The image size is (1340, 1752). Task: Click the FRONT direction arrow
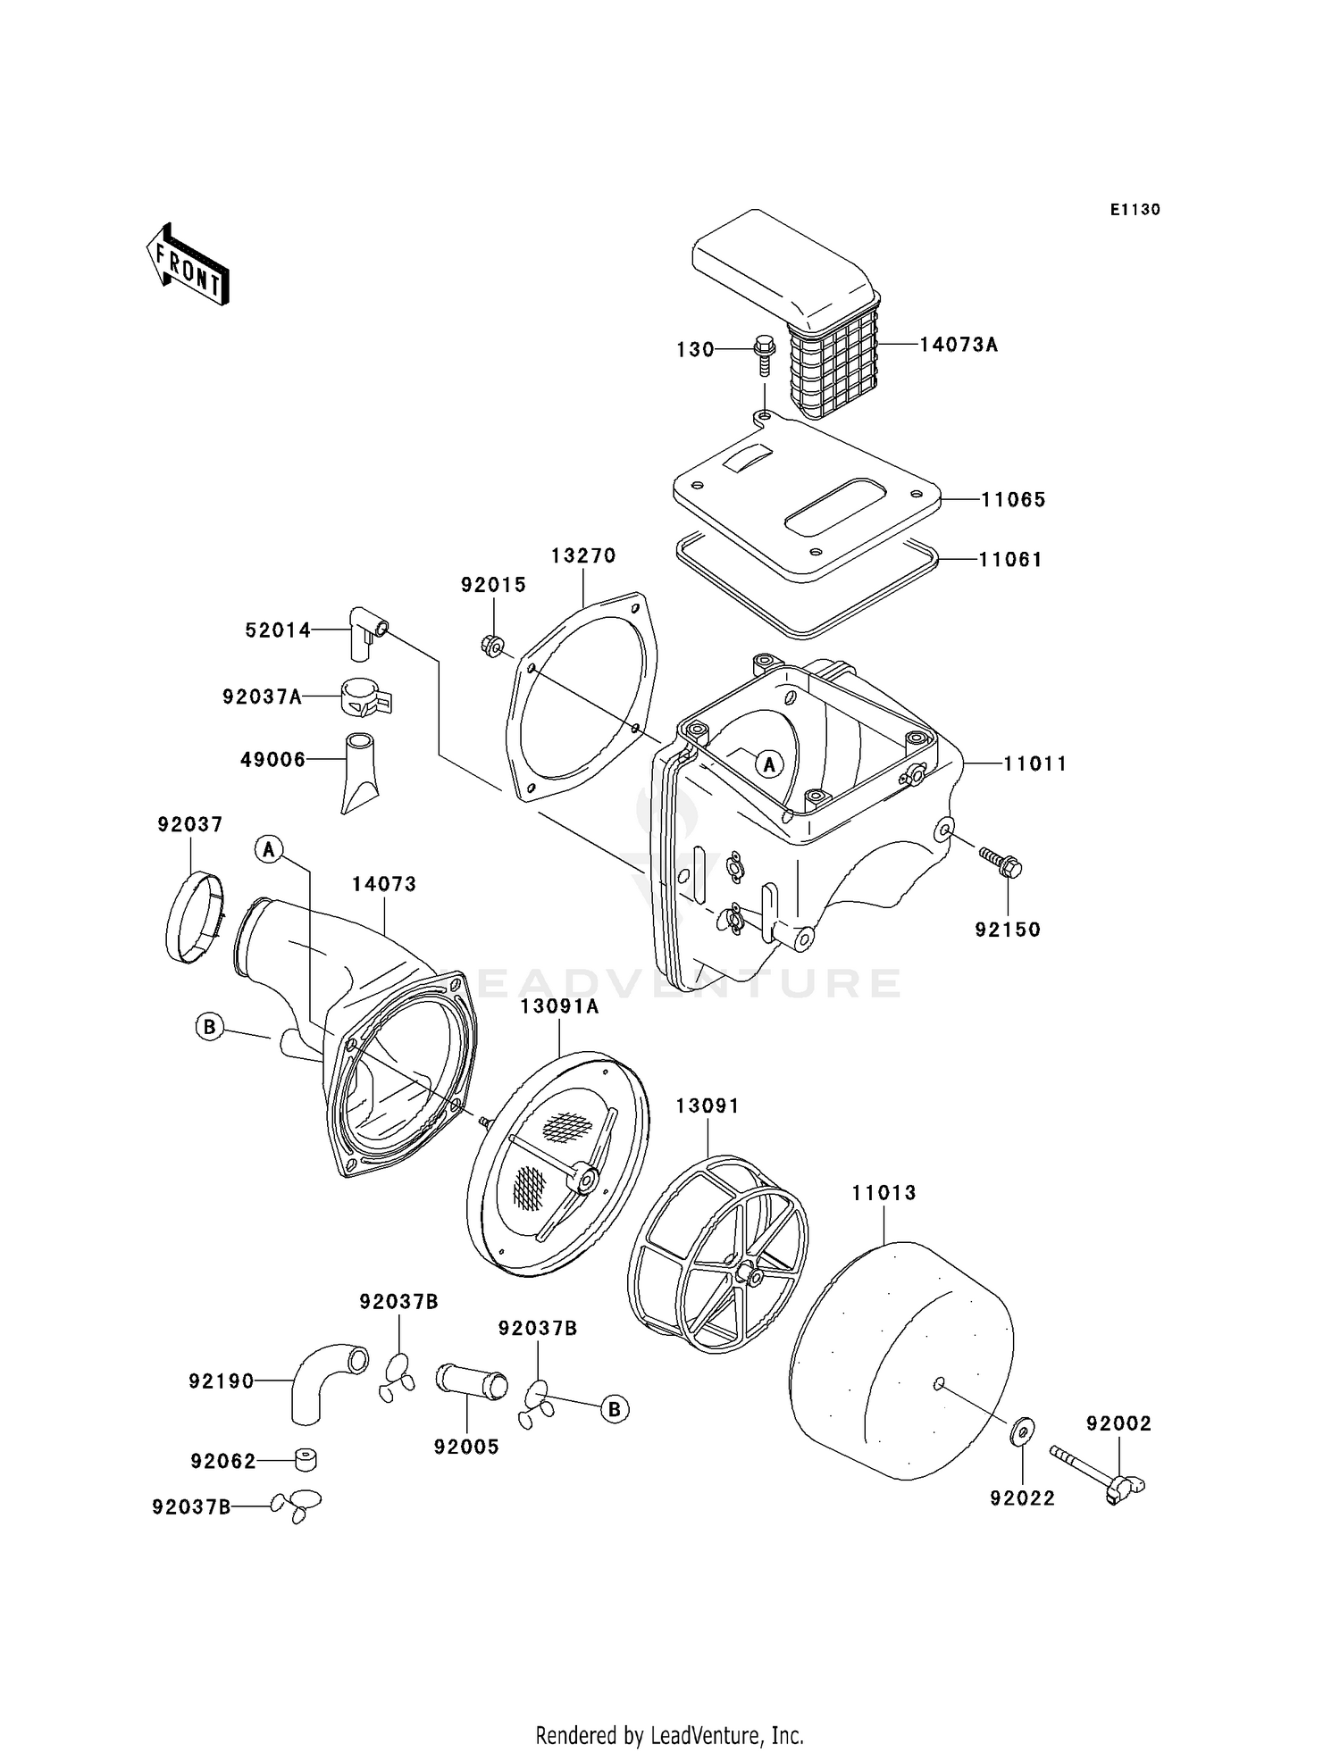point(188,265)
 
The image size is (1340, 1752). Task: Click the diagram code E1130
point(1135,210)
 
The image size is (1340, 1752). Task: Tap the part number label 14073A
point(959,345)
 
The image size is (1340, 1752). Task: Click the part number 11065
point(1012,500)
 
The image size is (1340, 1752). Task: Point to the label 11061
point(1009,560)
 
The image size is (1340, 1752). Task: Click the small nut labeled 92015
point(492,646)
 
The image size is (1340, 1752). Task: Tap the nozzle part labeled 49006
point(359,770)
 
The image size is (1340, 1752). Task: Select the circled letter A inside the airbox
point(769,763)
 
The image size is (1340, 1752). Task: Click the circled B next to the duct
point(209,1027)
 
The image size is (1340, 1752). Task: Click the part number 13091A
point(559,1007)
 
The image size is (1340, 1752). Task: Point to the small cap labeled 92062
point(306,1460)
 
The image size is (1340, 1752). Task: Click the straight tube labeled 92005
point(471,1382)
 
